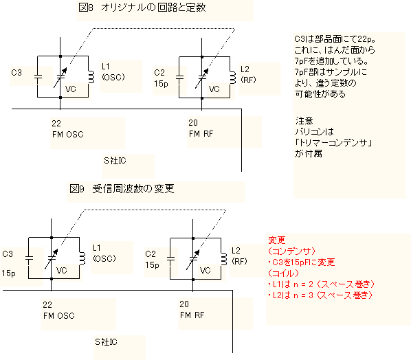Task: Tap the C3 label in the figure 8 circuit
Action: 16,72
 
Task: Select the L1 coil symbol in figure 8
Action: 91,76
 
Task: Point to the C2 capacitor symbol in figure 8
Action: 179,78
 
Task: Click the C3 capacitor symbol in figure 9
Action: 29,258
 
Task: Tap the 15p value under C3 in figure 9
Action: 8,273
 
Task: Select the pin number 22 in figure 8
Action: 56,123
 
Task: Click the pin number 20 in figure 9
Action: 184,304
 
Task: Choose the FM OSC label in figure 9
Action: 59,316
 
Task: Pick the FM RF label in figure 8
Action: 201,134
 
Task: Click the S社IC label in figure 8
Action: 115,160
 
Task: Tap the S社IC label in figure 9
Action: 106,341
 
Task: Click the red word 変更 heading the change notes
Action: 277,240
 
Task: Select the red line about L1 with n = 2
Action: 321,284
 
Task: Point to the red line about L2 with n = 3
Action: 320,295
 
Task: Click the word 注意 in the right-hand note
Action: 304,120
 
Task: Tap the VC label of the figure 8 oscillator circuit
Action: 71,89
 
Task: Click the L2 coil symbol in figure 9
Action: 224,259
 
